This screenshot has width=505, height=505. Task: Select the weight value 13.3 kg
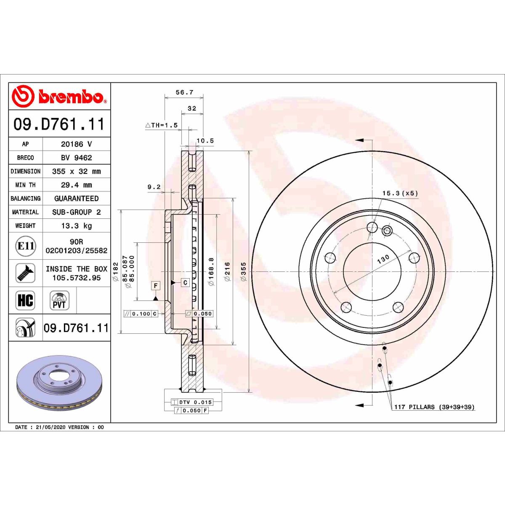(77, 226)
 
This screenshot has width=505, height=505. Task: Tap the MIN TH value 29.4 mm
(77, 185)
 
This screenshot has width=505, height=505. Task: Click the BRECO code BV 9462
(77, 158)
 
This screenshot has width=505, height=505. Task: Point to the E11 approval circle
(25, 246)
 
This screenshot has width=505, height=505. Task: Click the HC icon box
(25, 300)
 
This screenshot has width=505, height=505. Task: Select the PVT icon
(59, 300)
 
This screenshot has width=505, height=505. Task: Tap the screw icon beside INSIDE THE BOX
(25, 273)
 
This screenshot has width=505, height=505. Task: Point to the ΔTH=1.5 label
(162, 125)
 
